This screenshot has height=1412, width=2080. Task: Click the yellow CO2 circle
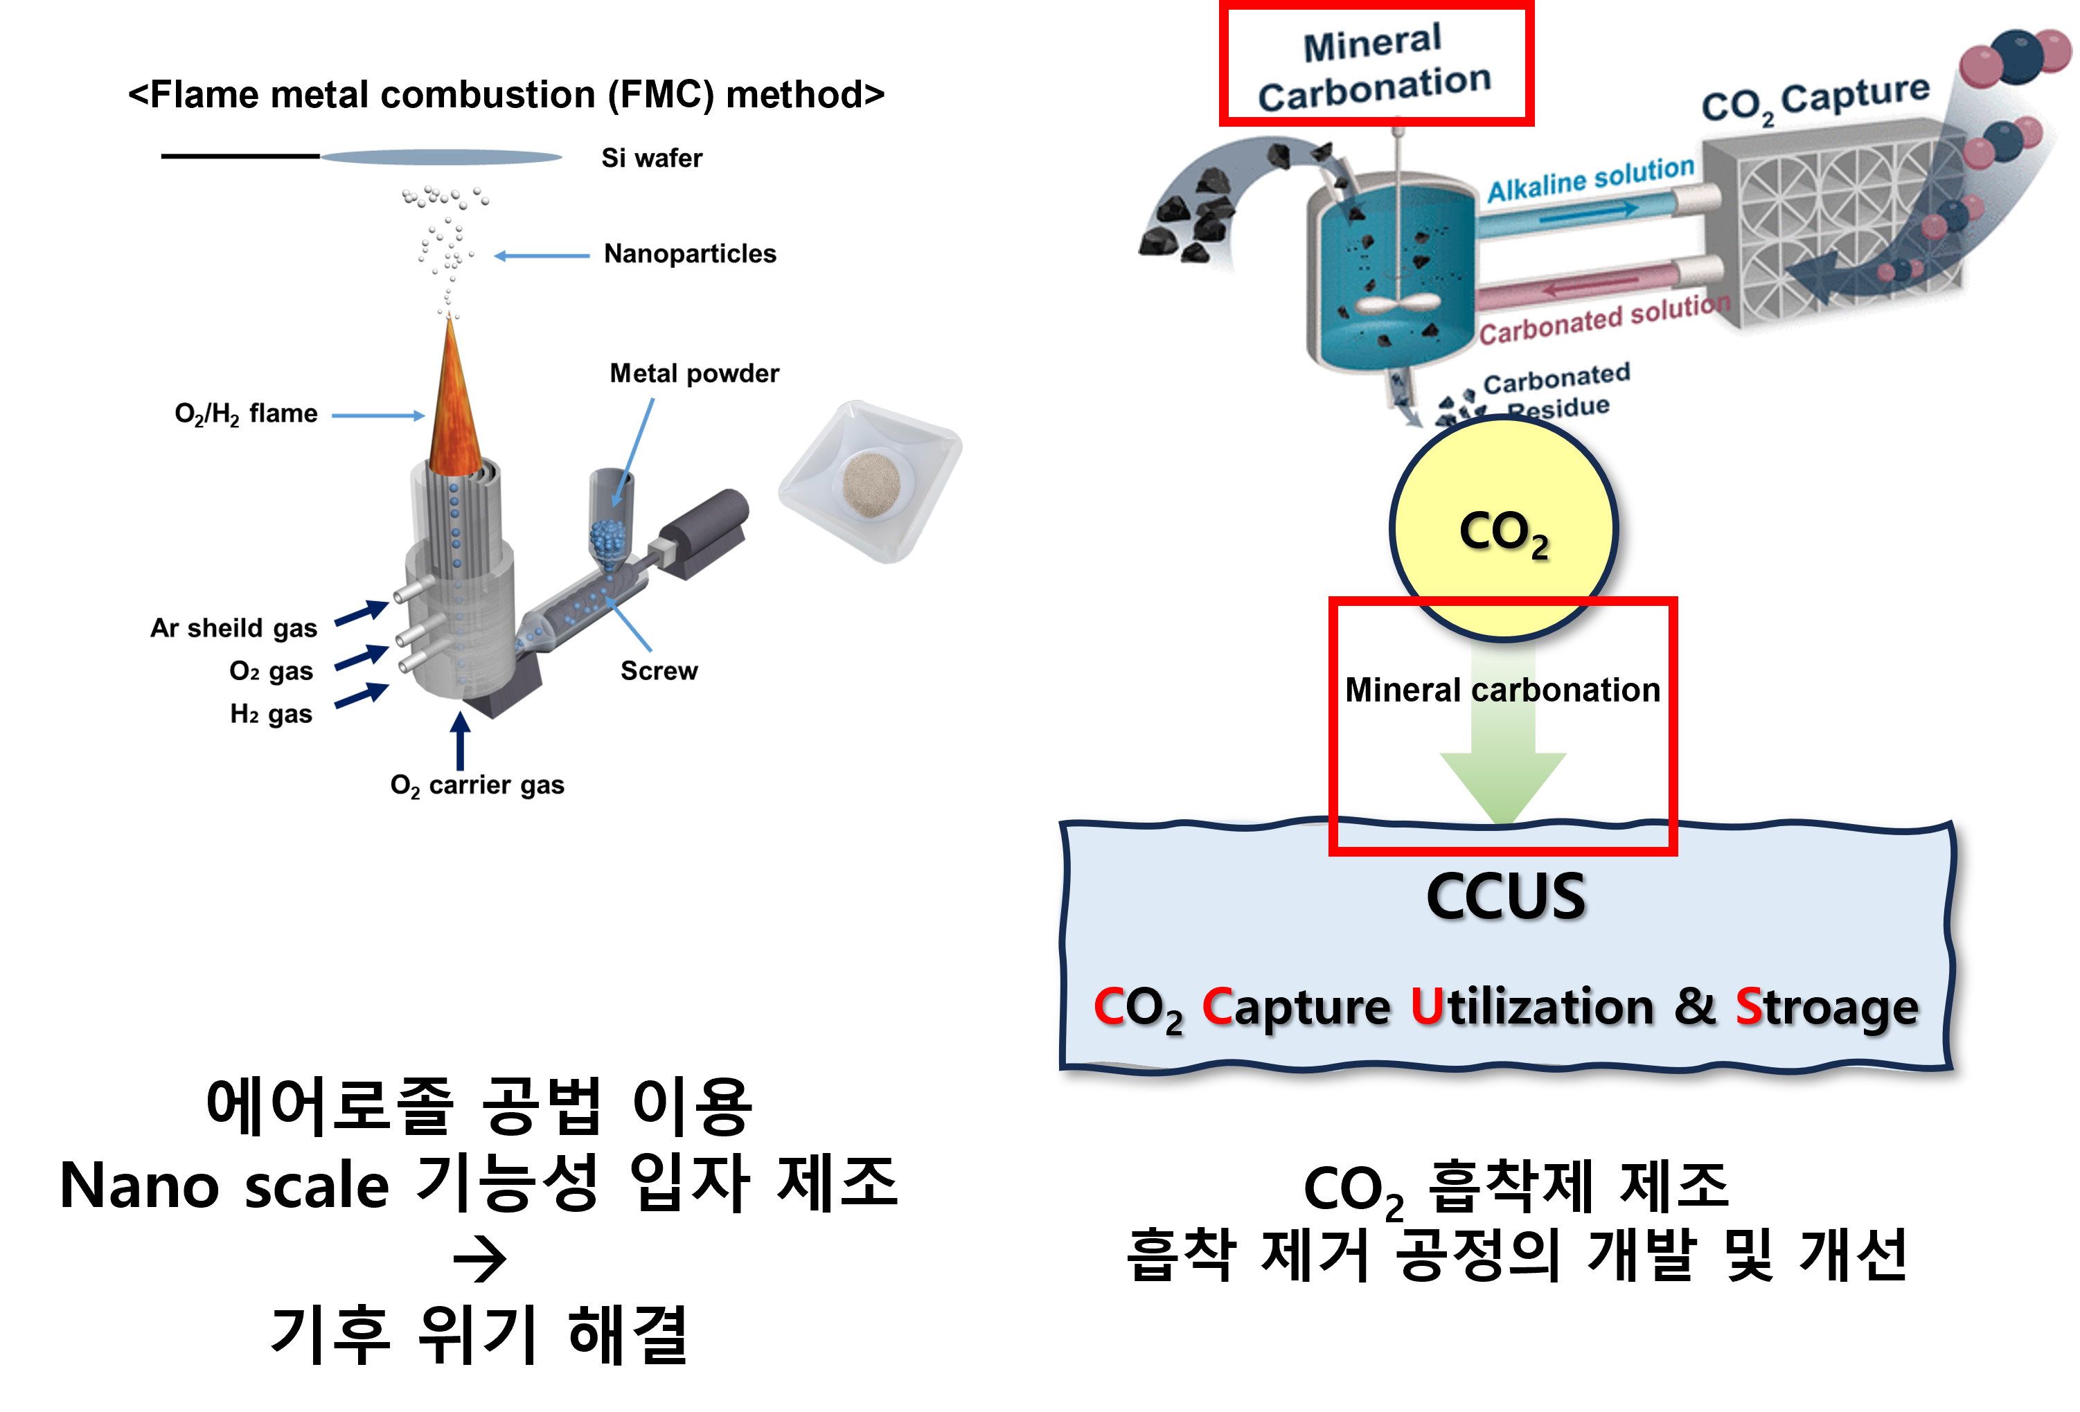click(x=1504, y=528)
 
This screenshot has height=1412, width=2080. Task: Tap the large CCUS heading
click(x=1505, y=897)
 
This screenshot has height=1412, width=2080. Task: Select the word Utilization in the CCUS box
click(x=1531, y=1007)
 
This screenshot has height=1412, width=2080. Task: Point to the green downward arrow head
click(x=1503, y=784)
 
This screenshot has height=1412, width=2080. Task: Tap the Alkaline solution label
click(x=1590, y=179)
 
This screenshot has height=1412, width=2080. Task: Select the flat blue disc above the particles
click(x=441, y=157)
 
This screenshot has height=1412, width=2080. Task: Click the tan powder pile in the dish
click(x=871, y=483)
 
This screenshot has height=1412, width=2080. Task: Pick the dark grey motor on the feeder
click(x=711, y=528)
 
